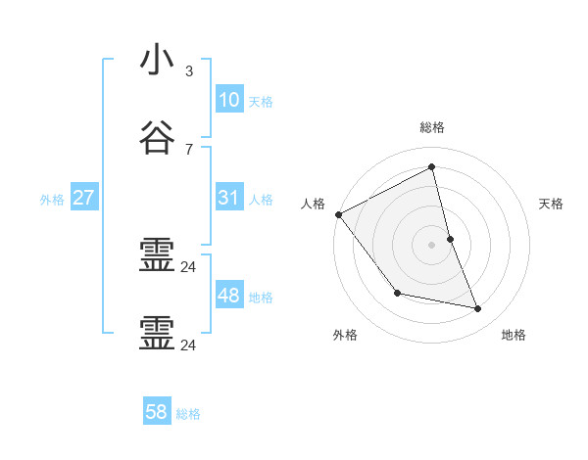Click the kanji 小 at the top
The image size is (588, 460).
[157, 61]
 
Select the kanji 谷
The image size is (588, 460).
[157, 138]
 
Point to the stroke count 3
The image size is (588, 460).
[188, 71]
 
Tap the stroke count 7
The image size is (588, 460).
[188, 149]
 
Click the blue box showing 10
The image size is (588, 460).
[228, 100]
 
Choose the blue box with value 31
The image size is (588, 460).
[228, 198]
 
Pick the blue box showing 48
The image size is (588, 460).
[228, 296]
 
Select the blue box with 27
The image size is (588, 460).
[83, 198]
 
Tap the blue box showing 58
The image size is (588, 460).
[157, 412]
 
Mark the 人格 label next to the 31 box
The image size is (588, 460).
[261, 200]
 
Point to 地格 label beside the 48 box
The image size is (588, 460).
[261, 298]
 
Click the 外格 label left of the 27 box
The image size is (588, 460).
[52, 200]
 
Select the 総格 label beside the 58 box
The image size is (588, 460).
[188, 414]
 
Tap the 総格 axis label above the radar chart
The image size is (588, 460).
[432, 127]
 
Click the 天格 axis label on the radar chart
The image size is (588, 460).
[551, 204]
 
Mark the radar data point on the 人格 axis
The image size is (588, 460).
[339, 214]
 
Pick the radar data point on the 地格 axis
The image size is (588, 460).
[478, 308]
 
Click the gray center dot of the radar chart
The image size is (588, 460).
[432, 244]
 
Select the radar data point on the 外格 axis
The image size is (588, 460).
[397, 293]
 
